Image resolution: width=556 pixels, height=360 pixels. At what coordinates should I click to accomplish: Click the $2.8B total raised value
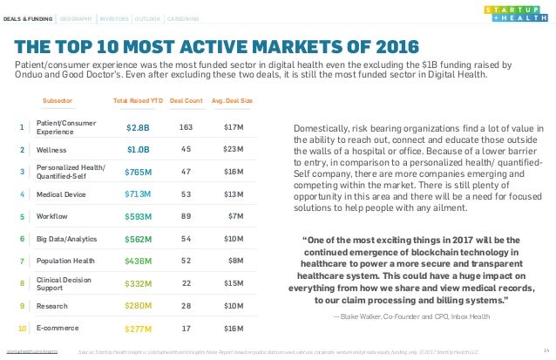point(139,128)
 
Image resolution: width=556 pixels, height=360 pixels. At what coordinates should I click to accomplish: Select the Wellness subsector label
point(51,150)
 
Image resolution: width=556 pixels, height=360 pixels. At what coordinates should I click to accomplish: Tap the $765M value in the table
point(139,173)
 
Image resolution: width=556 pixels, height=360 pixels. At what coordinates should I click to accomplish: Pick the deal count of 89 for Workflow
point(185,215)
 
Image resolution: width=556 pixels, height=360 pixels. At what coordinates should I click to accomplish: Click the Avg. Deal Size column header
point(234,101)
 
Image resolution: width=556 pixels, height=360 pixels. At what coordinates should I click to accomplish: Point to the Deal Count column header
point(185,101)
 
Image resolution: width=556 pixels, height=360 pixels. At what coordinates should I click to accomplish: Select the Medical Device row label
point(61,194)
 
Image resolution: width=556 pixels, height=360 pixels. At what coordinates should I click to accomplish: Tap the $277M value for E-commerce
point(139,329)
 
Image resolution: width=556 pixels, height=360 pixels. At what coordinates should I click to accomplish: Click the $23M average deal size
point(234,150)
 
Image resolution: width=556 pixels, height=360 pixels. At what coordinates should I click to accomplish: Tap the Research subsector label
point(51,306)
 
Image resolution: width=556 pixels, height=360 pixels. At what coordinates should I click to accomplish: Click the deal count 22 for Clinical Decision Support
point(185,282)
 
